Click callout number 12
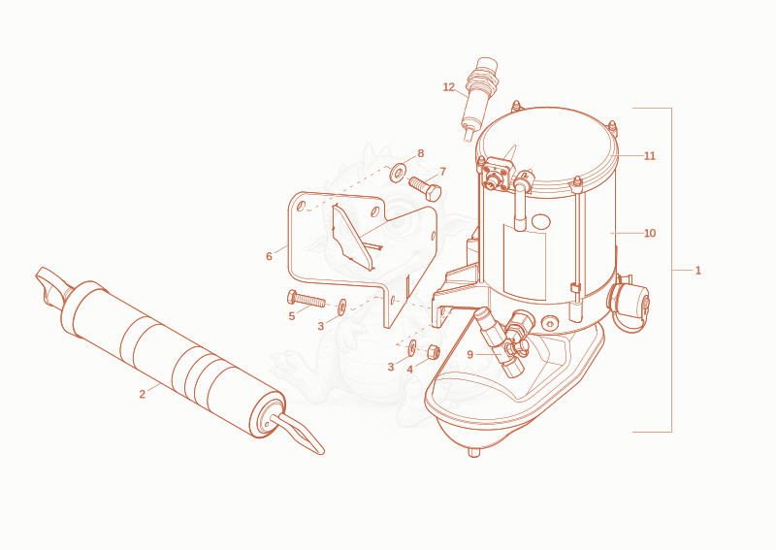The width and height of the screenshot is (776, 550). pos(448,87)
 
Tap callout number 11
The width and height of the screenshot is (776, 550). pos(649,156)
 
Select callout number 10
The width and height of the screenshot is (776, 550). pos(649,233)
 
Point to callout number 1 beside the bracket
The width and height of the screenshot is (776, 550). pos(697,271)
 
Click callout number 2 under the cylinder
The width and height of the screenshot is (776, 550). pos(142,394)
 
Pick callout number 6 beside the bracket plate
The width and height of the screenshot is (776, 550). pos(269,256)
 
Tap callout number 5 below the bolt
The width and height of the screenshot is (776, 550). pos(292,316)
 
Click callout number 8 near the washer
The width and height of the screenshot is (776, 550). pos(421,153)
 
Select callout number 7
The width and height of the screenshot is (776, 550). pos(442,172)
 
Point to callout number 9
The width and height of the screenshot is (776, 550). pos(469,354)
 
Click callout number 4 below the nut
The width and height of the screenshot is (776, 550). pos(409,370)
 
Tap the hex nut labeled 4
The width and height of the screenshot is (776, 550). pos(433,352)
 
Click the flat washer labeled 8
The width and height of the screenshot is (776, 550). pos(398,173)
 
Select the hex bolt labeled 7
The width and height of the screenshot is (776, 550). pos(425,188)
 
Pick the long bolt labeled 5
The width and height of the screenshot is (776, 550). pos(306,299)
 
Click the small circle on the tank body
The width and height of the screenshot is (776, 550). pos(540,221)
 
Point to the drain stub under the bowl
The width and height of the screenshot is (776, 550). pos(473,452)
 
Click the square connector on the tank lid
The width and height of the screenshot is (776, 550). pos(495,174)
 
